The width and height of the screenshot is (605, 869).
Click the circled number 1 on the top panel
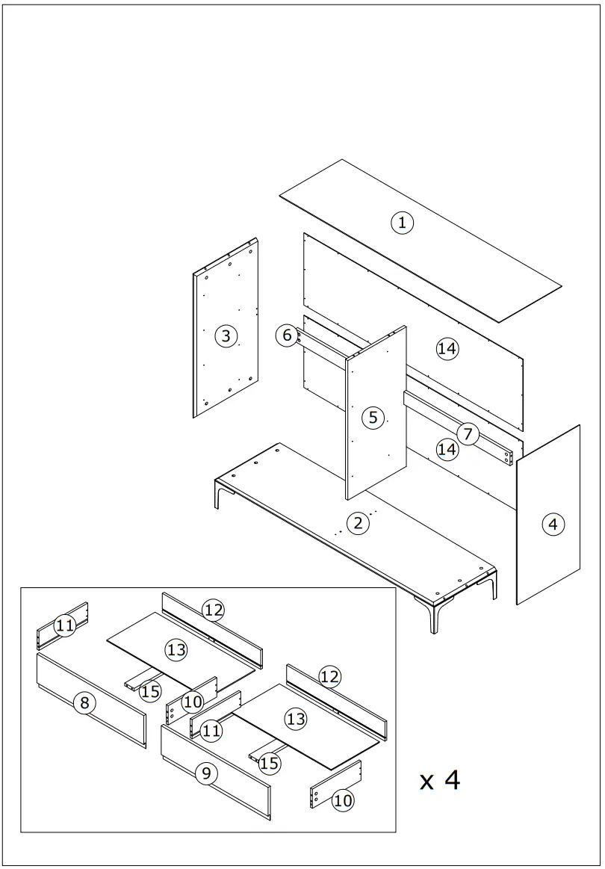pyautogui.click(x=402, y=222)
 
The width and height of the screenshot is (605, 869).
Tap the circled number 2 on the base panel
pyautogui.click(x=359, y=523)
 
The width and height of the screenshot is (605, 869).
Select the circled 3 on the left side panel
pyautogui.click(x=226, y=336)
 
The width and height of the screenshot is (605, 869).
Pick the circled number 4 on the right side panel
pyautogui.click(x=553, y=525)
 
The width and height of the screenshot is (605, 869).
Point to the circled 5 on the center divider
pyautogui.click(x=373, y=417)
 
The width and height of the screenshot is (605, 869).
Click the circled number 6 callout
pyautogui.click(x=288, y=335)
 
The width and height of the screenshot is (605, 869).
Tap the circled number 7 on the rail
pyautogui.click(x=468, y=434)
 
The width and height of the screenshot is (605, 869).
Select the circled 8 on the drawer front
pyautogui.click(x=84, y=702)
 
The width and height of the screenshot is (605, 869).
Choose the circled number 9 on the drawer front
pyautogui.click(x=207, y=773)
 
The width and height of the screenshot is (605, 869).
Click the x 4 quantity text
pyautogui.click(x=440, y=780)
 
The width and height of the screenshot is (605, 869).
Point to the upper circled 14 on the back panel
pyautogui.click(x=447, y=348)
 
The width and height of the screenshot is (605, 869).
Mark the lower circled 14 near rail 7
pyautogui.click(x=447, y=449)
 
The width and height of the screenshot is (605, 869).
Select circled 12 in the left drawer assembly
pyautogui.click(x=214, y=610)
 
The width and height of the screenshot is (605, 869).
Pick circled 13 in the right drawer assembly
pyautogui.click(x=296, y=719)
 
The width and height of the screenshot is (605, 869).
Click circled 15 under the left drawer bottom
pyautogui.click(x=150, y=691)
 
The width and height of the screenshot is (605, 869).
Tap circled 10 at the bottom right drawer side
pyautogui.click(x=343, y=800)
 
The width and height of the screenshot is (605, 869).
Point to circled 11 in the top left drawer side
pyautogui.click(x=65, y=625)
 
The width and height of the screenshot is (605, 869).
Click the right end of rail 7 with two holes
pyautogui.click(x=508, y=455)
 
